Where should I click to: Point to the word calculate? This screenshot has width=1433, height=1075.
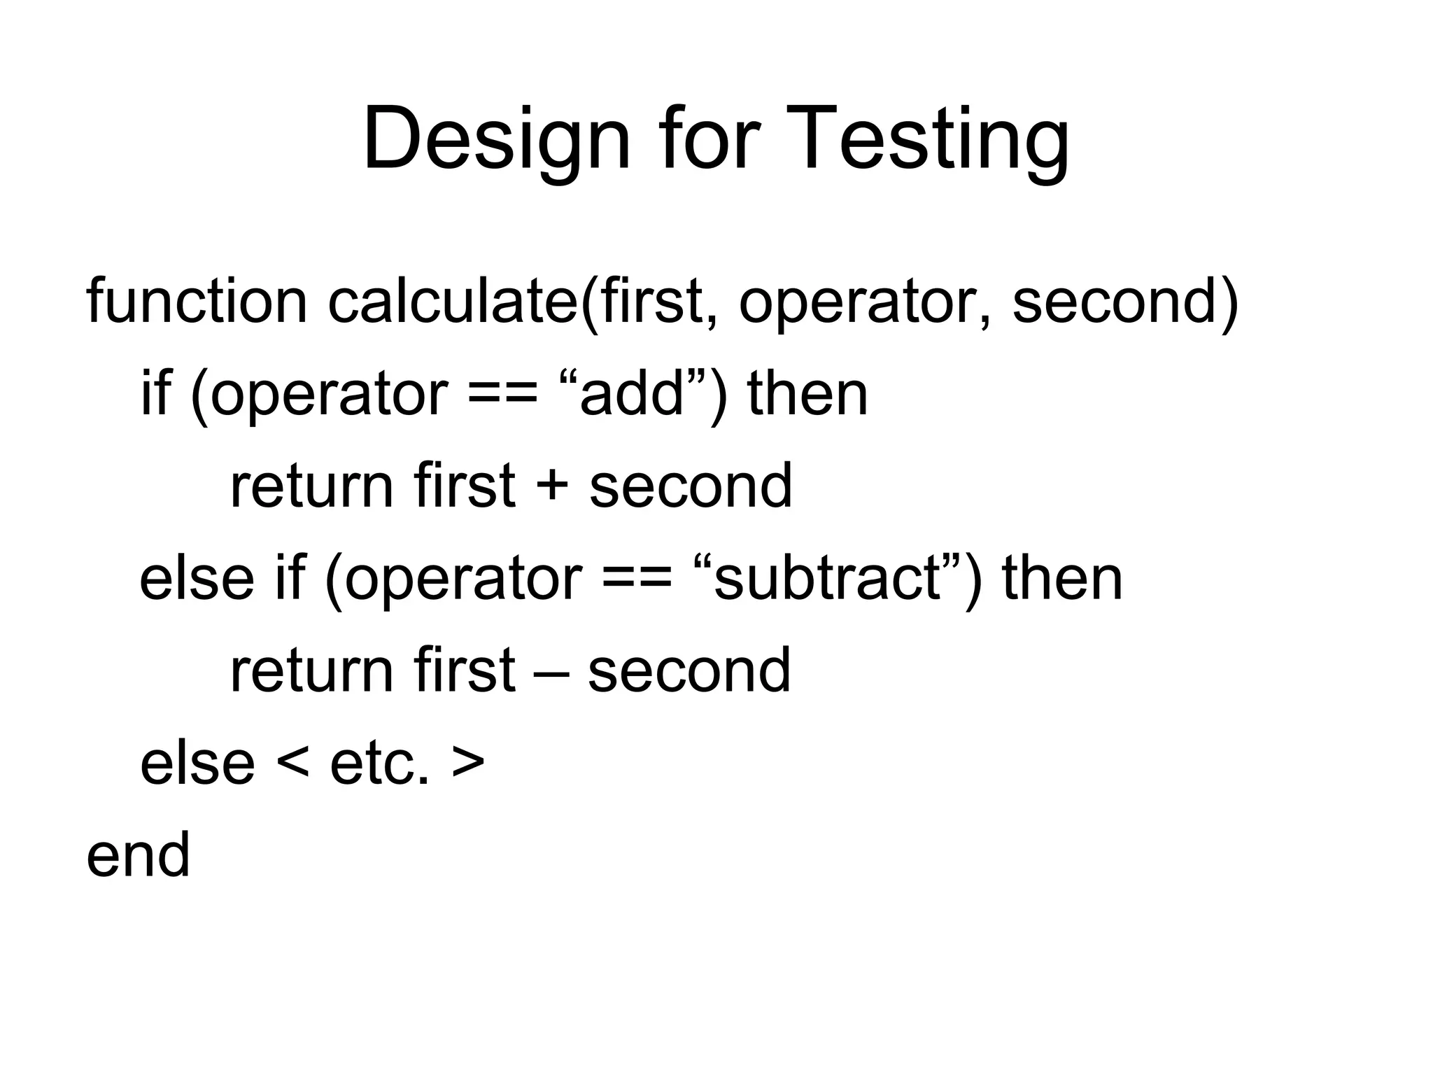[x=451, y=302]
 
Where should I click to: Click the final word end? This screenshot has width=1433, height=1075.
[x=138, y=855]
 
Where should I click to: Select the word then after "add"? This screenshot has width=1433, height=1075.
[x=807, y=394]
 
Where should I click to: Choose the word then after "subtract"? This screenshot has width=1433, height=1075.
[x=1062, y=579]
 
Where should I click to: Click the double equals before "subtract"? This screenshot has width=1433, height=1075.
[x=637, y=579]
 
